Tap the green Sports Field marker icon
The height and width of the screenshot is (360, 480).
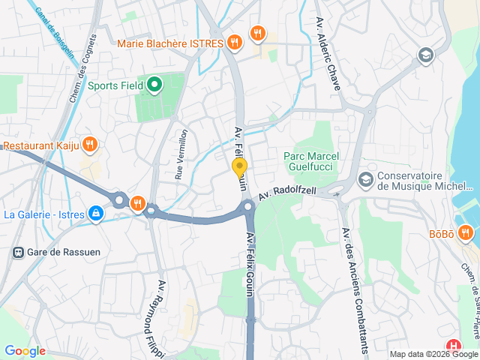pos(154,85)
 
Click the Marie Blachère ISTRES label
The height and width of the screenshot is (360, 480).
pos(170,43)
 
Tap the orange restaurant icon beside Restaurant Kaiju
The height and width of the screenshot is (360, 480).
pos(89,144)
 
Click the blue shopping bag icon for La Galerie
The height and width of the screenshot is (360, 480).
pos(95,214)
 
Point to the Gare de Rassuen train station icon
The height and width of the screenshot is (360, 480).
pos(16,252)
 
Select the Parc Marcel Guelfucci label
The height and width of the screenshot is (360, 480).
pos(311,161)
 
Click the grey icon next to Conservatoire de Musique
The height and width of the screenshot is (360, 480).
pos(365,179)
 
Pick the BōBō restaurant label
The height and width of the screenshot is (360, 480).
pos(441,234)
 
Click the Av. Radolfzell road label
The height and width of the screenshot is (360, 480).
pos(289,194)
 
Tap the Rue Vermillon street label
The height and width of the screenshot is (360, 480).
pos(181,153)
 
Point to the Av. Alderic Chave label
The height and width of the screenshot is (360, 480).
pos(328,52)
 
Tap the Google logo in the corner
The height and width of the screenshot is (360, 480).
pos(25,350)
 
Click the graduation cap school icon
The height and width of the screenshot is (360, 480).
pos(425,55)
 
